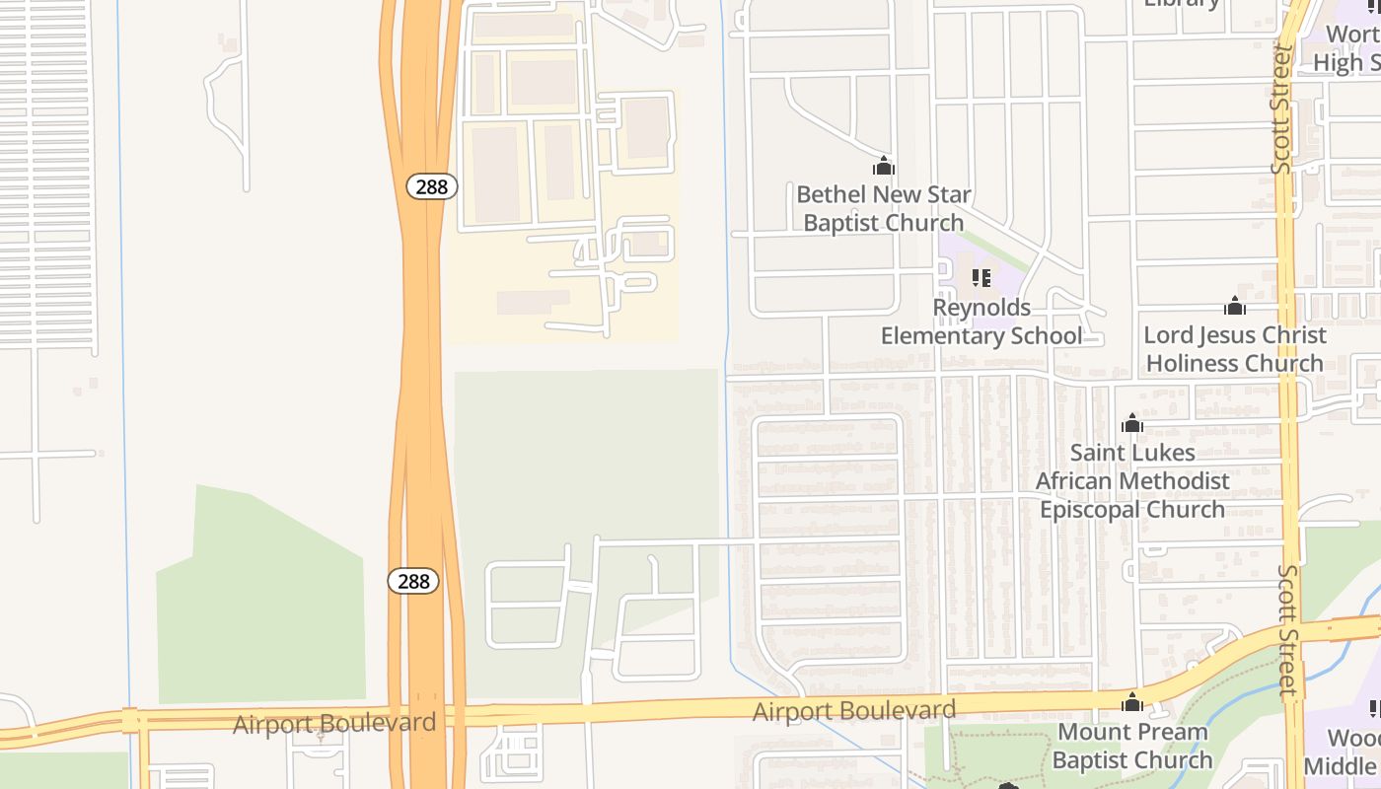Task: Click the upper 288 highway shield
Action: pos(432,186)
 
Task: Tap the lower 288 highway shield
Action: pos(413,581)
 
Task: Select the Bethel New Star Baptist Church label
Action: pos(883,208)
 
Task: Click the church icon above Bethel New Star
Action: pos(884,166)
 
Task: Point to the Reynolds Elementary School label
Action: pos(981,322)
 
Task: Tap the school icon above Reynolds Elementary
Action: pos(981,278)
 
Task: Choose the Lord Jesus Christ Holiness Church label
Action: pos(1234,349)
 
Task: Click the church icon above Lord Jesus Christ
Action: pos(1235,306)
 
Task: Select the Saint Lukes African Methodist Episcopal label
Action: pos(1132,481)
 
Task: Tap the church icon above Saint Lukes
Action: pos(1132,424)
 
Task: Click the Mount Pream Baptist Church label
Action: pos(1132,746)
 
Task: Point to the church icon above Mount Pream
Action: pos(1132,702)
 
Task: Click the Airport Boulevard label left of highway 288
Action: pos(334,724)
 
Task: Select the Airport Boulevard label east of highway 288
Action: pos(854,710)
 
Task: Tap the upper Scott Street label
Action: pos(1281,108)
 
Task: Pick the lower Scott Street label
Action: pos(1288,631)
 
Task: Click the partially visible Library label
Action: pos(1182,4)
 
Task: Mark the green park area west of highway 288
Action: pos(261,602)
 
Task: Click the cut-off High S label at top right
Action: pos(1347,47)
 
